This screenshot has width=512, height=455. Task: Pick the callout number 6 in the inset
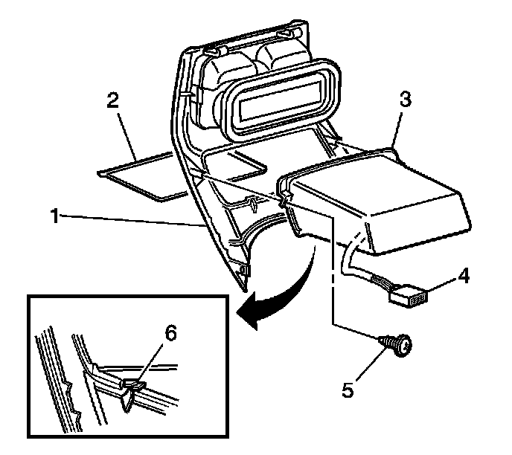[x=171, y=335]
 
